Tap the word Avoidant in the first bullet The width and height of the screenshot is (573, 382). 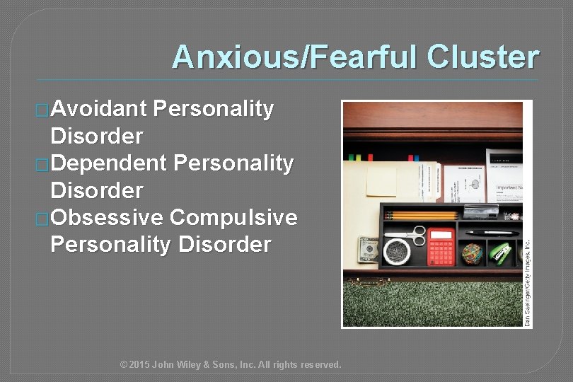tap(98, 108)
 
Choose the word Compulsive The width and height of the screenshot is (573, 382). tap(234, 218)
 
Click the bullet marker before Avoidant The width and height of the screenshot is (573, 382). tap(43, 110)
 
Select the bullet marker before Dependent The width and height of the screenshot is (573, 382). tap(43, 164)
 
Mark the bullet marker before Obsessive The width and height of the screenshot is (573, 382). tap(43, 219)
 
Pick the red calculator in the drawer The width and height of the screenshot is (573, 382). tap(441, 247)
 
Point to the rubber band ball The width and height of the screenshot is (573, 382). tap(471, 253)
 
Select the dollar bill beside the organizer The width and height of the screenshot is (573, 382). tap(368, 249)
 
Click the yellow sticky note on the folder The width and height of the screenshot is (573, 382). tap(381, 181)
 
